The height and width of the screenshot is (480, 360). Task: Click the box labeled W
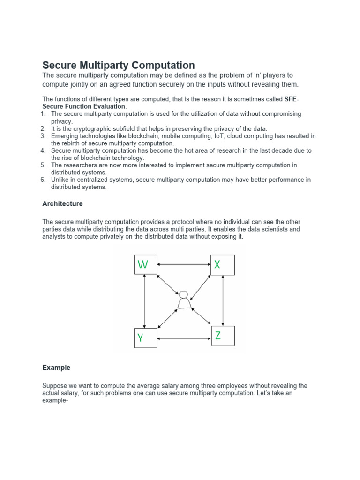click(x=145, y=265)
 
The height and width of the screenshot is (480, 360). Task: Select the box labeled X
click(x=222, y=265)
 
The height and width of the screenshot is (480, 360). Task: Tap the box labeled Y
click(x=145, y=337)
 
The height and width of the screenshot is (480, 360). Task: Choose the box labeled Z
click(x=223, y=336)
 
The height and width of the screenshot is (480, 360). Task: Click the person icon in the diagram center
click(x=184, y=300)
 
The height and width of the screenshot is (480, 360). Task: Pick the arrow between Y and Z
click(x=184, y=338)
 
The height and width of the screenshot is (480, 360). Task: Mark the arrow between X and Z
click(x=223, y=300)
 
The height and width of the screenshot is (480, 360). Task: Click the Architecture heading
click(x=62, y=204)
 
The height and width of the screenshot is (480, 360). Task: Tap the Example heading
click(x=56, y=368)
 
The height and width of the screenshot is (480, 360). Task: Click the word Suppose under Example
click(x=54, y=386)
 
